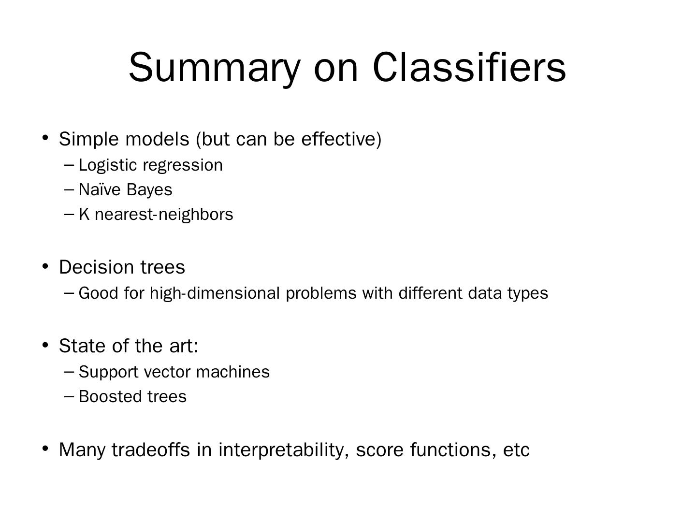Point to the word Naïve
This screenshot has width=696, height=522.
click(x=100, y=189)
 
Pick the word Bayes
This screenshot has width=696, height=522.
click(x=149, y=189)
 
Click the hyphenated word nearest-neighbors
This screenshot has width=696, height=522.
click(x=164, y=214)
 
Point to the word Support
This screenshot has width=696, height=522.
click(x=108, y=372)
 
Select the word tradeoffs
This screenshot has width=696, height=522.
click(x=151, y=449)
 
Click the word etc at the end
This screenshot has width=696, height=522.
click(x=516, y=449)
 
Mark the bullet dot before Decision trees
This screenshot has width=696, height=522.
click(x=45, y=266)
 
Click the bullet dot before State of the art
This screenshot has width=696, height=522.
click(x=45, y=345)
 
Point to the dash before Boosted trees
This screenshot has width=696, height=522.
click(x=69, y=396)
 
